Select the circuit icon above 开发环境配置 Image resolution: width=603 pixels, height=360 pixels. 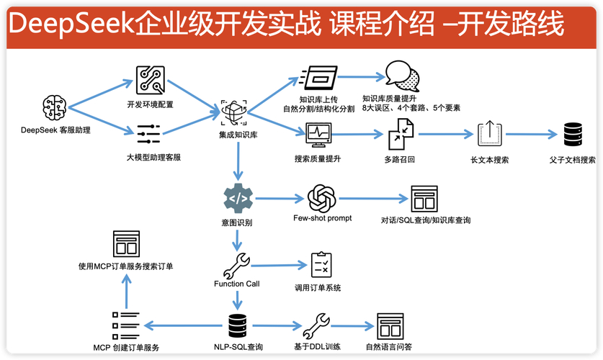tap(150, 81)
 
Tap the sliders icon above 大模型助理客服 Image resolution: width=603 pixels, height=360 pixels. tap(149, 132)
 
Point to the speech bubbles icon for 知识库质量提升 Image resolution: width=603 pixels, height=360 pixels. tap(401, 75)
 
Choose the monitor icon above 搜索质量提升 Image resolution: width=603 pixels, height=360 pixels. tap(318, 134)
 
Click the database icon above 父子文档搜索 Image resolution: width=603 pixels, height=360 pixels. tap(573, 134)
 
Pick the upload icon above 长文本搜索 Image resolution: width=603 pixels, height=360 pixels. tap(488, 134)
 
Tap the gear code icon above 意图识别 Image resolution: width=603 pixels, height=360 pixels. tap(237, 198)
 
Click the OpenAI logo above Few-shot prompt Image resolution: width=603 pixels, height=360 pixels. tap(322, 198)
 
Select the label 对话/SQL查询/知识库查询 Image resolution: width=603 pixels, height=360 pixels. tap(425, 220)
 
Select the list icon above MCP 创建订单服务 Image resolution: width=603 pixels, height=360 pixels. tap(125, 325)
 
